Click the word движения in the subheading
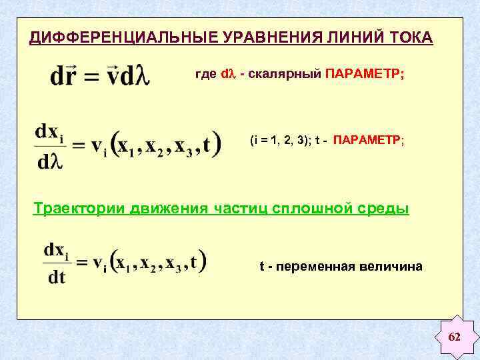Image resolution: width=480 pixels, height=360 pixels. pos(170,209)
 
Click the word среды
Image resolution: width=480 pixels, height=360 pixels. pos(384,209)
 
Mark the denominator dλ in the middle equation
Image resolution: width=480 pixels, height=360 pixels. pos(51,161)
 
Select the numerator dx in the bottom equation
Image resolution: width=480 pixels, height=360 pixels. pos(53,251)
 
